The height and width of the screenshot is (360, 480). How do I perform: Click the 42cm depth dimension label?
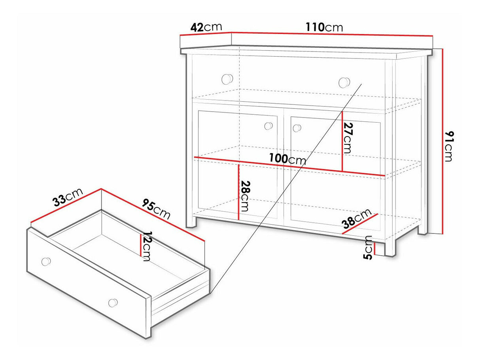(x=206, y=27)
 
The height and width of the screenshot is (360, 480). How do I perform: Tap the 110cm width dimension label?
(x=324, y=27)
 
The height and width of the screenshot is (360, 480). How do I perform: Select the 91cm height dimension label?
(x=449, y=146)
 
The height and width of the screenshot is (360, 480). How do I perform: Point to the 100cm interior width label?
(x=287, y=159)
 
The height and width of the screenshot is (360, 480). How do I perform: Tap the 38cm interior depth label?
(x=357, y=219)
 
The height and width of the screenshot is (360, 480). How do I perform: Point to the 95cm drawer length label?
(x=156, y=209)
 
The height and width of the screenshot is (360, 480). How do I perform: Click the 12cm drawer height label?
(x=146, y=246)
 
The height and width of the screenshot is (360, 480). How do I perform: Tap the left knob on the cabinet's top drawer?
(x=227, y=79)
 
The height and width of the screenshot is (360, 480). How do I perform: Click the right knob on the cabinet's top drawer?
(x=344, y=82)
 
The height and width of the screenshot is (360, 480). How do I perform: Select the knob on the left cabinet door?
(x=268, y=126)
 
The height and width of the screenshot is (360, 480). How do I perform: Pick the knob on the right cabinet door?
(x=297, y=128)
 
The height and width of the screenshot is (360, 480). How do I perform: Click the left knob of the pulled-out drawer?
(x=46, y=261)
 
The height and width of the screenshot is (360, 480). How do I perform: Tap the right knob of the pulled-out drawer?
(x=113, y=303)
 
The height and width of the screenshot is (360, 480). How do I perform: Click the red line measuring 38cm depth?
(x=360, y=224)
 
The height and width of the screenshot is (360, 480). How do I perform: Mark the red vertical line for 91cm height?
(x=442, y=141)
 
